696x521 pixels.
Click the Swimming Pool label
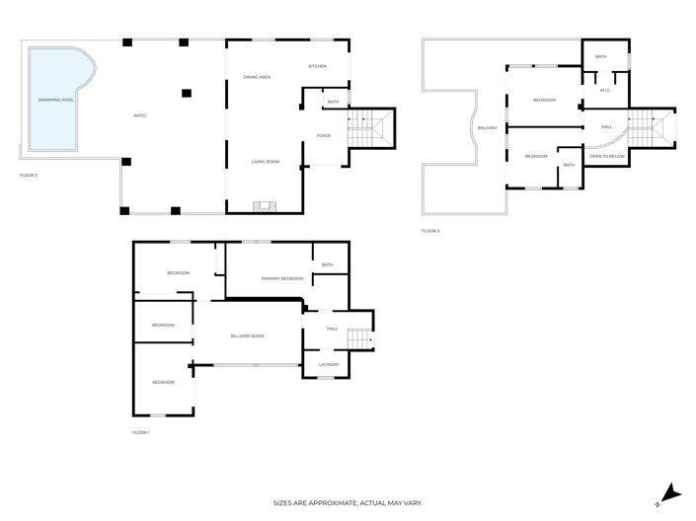tap(55, 100)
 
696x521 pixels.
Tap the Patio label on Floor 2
tap(140, 116)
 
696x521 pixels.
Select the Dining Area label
tap(258, 77)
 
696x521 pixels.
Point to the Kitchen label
tap(317, 66)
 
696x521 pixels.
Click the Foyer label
tap(323, 135)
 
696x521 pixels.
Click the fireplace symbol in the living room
tap(264, 206)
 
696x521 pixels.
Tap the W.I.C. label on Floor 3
tap(606, 91)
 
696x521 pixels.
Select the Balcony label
tap(487, 128)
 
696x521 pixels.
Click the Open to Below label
tap(605, 156)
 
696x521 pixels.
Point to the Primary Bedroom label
tap(282, 279)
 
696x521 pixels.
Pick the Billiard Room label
tap(247, 335)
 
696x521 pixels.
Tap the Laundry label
tap(329, 364)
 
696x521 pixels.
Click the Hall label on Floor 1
tap(332, 329)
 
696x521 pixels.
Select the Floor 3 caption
tap(430, 230)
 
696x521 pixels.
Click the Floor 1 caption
tap(140, 432)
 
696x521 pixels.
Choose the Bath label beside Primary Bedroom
tap(327, 264)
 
